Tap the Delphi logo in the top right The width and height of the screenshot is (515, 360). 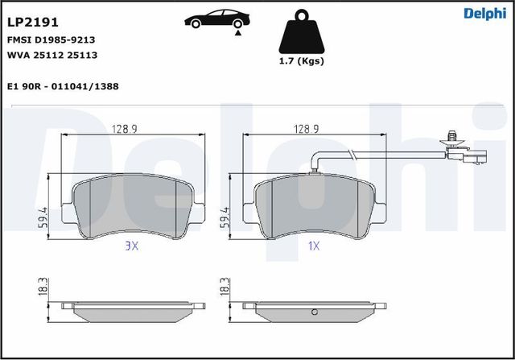486,12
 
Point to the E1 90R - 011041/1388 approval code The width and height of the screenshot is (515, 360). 63,85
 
